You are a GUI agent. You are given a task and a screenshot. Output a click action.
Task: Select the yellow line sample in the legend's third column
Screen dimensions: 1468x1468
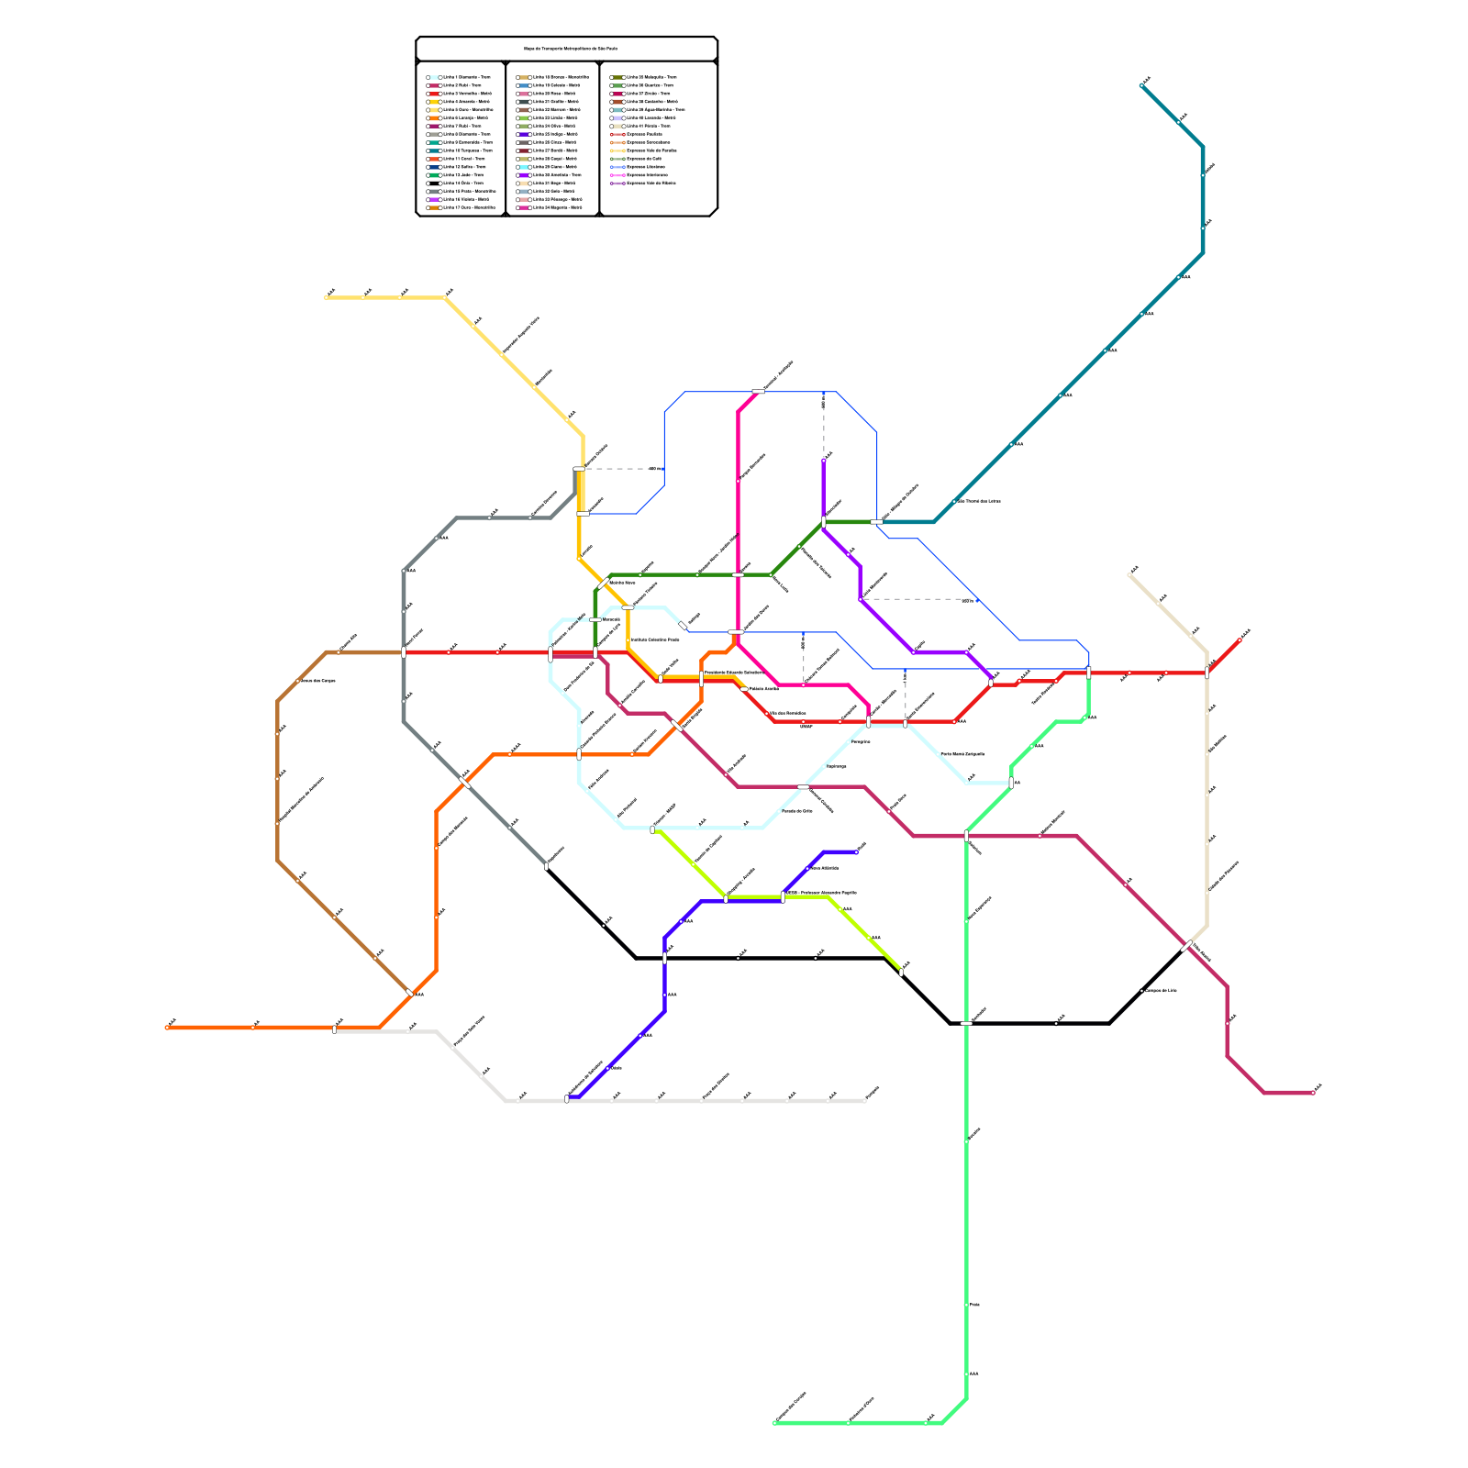(617, 150)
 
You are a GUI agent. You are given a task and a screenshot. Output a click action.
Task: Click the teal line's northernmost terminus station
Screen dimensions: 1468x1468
(1141, 85)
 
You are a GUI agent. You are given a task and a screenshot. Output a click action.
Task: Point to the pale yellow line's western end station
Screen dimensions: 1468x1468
(327, 297)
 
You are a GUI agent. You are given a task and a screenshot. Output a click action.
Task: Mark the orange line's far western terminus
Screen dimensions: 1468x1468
(167, 1028)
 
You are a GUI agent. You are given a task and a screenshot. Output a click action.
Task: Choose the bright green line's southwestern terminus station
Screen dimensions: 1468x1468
(774, 1422)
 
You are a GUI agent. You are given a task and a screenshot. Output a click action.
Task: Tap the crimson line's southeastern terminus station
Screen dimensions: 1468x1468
(1313, 1093)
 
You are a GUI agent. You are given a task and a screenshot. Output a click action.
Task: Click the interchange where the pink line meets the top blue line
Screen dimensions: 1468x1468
(758, 392)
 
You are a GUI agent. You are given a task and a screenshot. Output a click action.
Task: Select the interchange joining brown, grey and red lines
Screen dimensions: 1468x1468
(404, 652)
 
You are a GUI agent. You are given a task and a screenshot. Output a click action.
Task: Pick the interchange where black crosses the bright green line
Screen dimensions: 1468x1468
(966, 1022)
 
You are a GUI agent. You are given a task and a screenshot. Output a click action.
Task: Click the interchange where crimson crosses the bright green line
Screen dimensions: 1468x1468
(966, 835)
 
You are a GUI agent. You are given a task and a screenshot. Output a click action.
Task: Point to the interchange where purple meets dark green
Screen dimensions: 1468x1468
(824, 523)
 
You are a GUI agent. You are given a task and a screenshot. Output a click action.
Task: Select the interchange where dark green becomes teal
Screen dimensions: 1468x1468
(876, 522)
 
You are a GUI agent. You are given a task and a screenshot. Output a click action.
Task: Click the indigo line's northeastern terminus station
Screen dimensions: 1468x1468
(857, 851)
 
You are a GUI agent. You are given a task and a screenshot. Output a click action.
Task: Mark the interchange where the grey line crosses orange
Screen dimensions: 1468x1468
(465, 783)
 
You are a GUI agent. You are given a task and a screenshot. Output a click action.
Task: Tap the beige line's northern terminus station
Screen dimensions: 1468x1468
(1130, 574)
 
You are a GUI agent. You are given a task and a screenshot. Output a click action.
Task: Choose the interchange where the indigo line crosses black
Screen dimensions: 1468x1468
(664, 958)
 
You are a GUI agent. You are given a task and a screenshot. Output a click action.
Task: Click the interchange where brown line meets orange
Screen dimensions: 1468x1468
(410, 994)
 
